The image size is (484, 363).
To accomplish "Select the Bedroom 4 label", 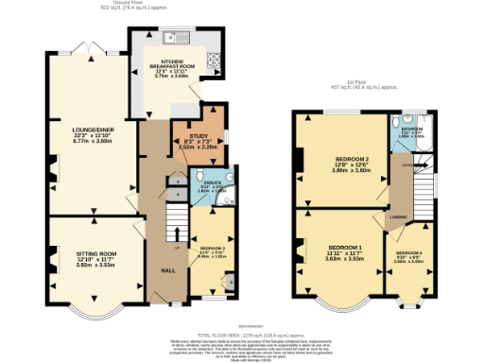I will tap(409, 255).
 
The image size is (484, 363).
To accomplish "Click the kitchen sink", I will tap(175, 39).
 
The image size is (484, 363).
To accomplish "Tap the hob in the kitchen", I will tap(214, 61).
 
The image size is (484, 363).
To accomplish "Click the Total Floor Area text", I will tap(243, 335).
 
